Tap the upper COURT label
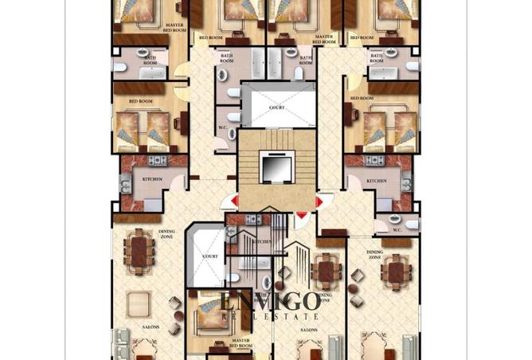[x=276, y=107]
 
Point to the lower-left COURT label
[x=210, y=256]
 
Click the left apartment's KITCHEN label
[x=151, y=179]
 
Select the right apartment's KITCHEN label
[x=377, y=182]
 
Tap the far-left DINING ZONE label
[x=144, y=233]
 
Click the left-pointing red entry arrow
[x=233, y=202]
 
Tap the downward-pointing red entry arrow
[x=301, y=215]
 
